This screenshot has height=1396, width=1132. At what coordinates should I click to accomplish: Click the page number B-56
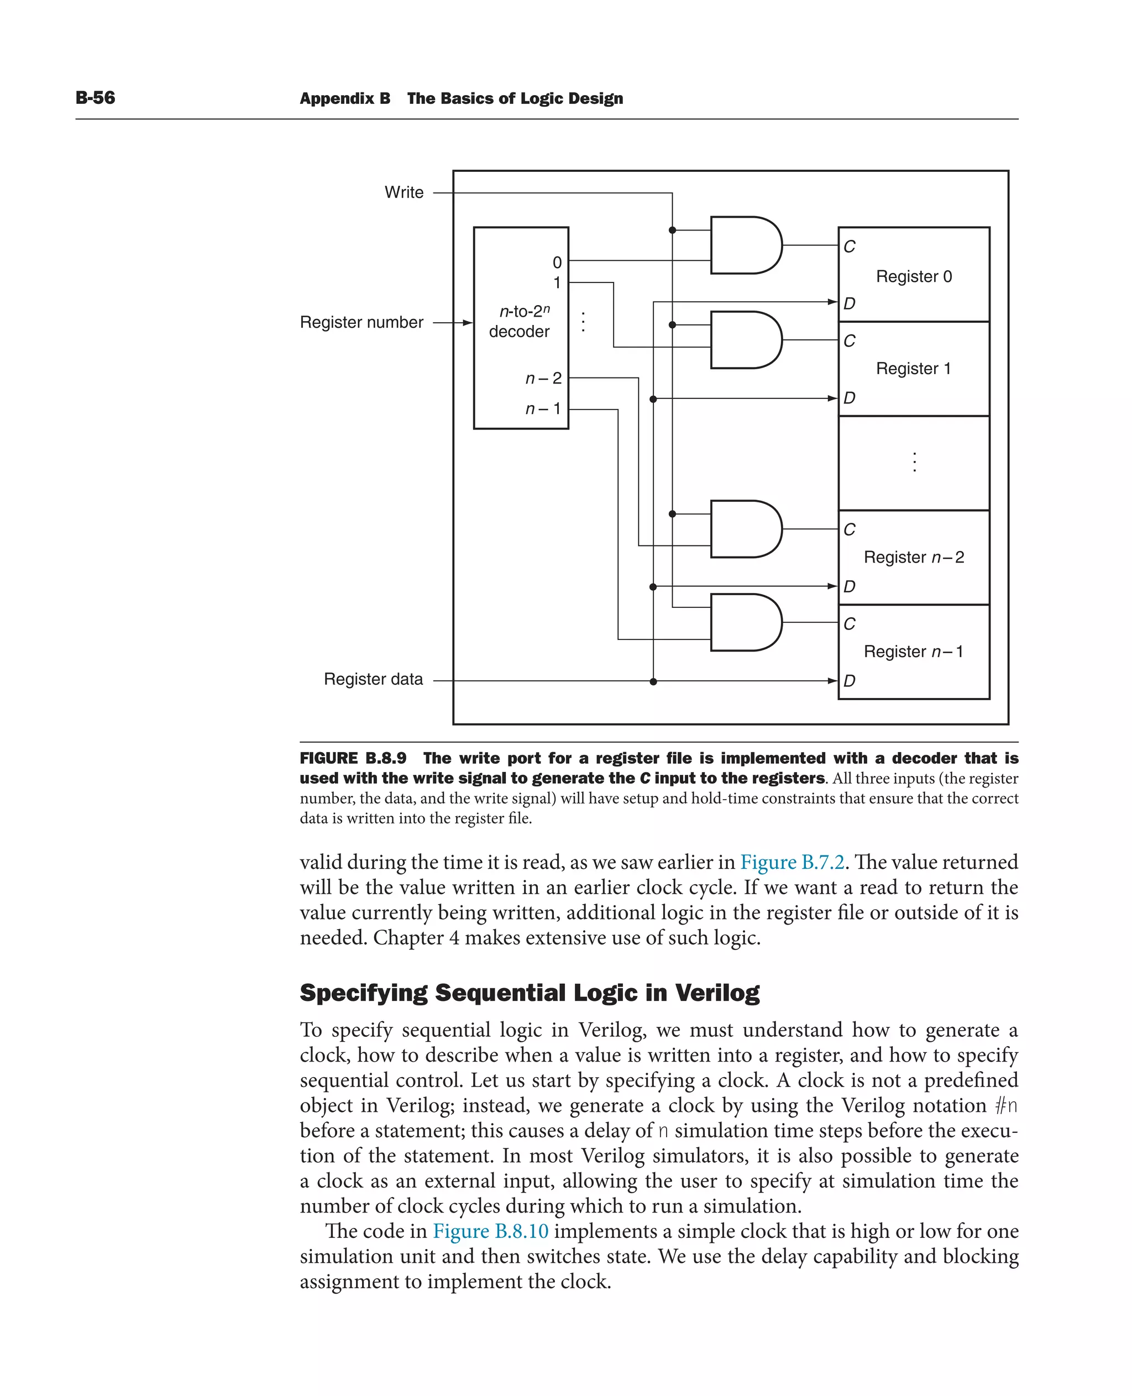tap(95, 98)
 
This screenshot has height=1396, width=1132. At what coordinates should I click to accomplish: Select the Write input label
tap(403, 192)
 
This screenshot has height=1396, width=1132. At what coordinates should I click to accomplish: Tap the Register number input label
tap(361, 322)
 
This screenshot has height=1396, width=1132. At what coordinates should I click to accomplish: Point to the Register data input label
tap(373, 679)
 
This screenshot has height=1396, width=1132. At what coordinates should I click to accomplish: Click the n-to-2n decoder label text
tap(520, 322)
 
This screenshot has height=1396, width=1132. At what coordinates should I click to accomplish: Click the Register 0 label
tap(914, 276)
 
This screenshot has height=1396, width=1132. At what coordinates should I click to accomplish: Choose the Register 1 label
tap(913, 369)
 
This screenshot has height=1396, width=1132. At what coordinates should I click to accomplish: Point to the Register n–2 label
tap(914, 558)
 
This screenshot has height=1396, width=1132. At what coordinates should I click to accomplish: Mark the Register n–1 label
tap(913, 652)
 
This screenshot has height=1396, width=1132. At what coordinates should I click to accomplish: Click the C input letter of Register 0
tap(849, 246)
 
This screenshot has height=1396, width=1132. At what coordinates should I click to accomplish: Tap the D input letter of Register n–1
tap(849, 681)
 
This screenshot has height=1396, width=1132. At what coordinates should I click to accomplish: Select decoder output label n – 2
tap(543, 378)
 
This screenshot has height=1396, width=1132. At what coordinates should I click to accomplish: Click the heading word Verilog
tap(717, 993)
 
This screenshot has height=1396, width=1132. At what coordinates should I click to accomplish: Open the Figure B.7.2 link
tap(792, 863)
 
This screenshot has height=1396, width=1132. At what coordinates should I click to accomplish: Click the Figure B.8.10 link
tap(490, 1231)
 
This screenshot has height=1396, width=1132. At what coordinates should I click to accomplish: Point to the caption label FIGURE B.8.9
tap(353, 758)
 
